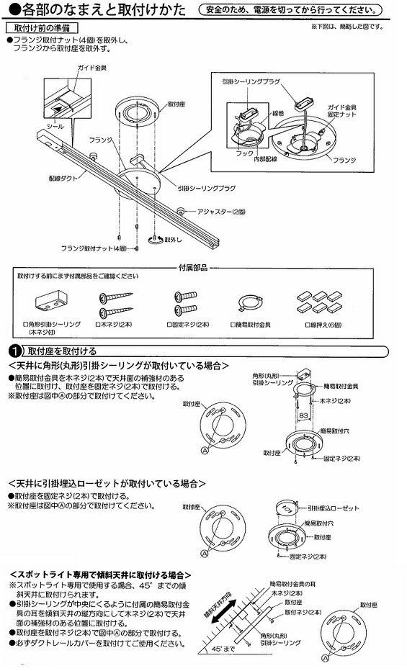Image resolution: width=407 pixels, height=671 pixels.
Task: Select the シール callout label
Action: coord(55,125)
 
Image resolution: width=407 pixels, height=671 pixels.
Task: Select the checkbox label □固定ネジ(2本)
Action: coord(183,325)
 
